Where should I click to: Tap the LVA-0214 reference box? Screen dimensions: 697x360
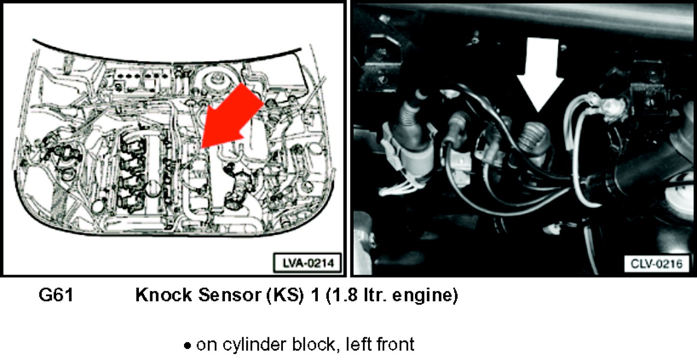[x=308, y=263]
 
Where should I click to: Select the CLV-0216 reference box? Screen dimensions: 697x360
[x=657, y=264]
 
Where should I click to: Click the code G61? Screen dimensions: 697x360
[x=56, y=295]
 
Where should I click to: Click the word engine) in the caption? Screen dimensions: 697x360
[x=425, y=295]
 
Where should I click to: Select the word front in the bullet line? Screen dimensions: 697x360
[x=395, y=345]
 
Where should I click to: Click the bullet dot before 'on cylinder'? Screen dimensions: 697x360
[x=187, y=346]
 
